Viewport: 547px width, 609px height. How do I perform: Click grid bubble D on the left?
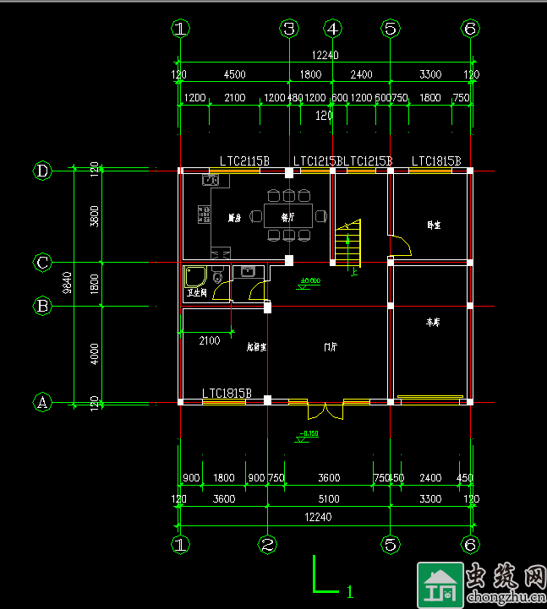(43, 171)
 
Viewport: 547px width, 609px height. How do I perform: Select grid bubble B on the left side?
(42, 305)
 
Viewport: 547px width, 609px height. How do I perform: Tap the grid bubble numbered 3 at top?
(289, 29)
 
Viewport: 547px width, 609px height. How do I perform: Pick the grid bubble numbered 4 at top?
(333, 29)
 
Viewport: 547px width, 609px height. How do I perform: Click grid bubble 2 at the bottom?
(266, 545)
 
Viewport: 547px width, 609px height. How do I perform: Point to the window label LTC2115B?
(244, 160)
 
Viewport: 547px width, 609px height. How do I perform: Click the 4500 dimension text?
(234, 74)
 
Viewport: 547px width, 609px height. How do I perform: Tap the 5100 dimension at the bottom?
(328, 499)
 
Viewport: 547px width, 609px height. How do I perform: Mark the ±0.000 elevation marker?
(310, 280)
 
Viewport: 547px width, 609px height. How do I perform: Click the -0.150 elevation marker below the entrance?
(308, 434)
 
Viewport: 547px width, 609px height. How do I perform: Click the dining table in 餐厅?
(287, 216)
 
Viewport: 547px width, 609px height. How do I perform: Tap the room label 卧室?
(433, 225)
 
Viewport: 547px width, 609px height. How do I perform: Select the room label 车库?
(433, 323)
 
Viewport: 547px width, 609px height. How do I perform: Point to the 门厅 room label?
(331, 346)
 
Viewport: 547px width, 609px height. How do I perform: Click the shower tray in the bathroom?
(195, 277)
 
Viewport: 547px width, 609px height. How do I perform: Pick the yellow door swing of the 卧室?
(401, 247)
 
